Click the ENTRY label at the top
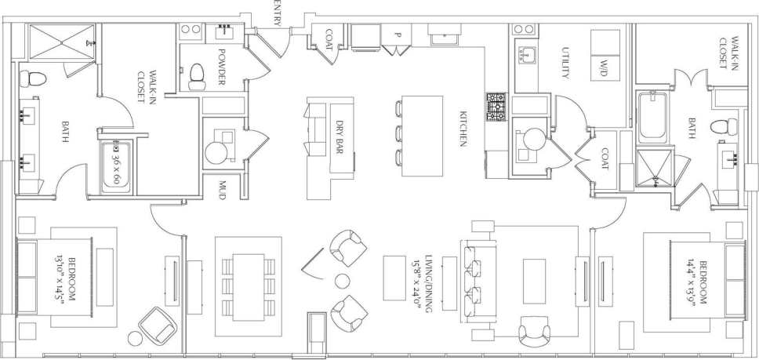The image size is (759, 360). click(x=278, y=13)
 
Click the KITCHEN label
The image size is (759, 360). click(x=463, y=128)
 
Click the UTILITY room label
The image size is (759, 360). click(x=564, y=63)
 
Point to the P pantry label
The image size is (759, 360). click(x=398, y=35)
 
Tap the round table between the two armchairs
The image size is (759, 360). click(x=343, y=280)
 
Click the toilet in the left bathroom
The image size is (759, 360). click(x=28, y=78)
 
